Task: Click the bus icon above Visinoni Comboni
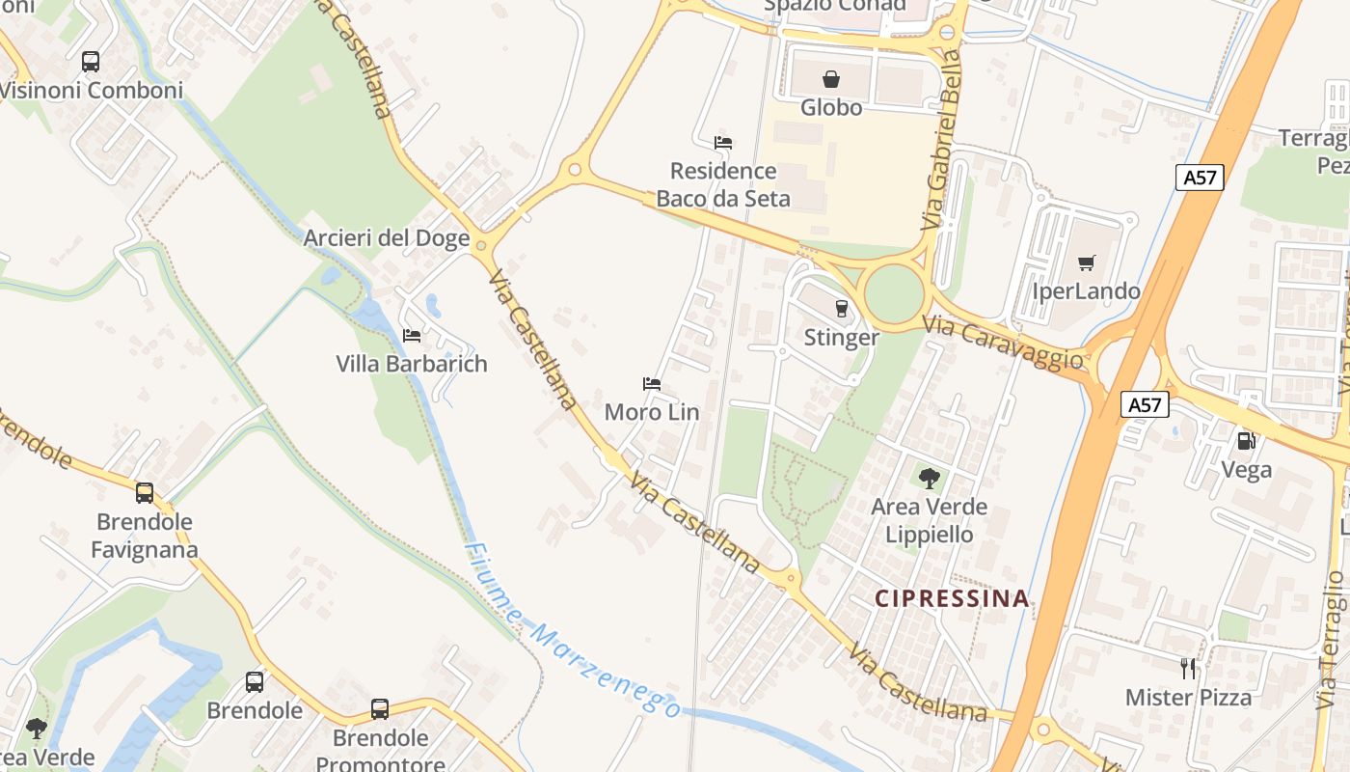pos(91,62)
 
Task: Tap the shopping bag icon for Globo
pos(830,79)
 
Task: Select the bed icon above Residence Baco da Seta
pos(723,143)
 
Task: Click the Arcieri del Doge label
pos(387,237)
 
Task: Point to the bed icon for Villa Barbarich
pos(412,336)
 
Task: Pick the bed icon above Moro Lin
pos(652,384)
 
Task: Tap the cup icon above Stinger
pos(842,309)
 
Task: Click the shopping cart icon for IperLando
pos(1087,262)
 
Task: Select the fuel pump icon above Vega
pos(1247,441)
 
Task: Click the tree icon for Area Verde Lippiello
pos(930,478)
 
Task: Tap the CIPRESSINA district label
pos(952,598)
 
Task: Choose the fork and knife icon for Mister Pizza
pos(1189,668)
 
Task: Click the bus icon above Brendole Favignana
pos(145,493)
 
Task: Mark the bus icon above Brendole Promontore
pos(380,709)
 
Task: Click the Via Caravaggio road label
pos(1002,342)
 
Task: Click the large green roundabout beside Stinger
pos(894,292)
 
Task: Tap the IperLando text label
pos(1086,291)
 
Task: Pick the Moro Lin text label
pos(652,412)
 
